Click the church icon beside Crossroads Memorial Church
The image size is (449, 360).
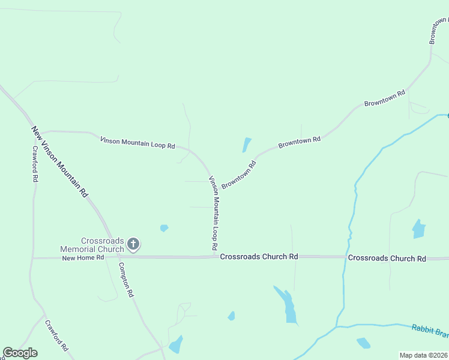click(x=133, y=244)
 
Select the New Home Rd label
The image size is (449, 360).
click(x=83, y=257)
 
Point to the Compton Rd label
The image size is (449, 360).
click(x=125, y=280)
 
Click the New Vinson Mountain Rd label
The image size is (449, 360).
click(x=60, y=162)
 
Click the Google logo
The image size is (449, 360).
click(x=20, y=353)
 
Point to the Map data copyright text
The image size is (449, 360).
click(x=423, y=355)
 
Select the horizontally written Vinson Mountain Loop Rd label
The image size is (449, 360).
click(x=137, y=142)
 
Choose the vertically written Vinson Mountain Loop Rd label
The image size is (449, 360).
click(x=212, y=214)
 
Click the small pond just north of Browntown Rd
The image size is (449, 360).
click(x=246, y=145)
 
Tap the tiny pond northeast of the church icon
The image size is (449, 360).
click(x=164, y=228)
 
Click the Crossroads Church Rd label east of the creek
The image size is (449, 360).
click(x=387, y=258)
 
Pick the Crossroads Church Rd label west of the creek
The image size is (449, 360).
click(x=259, y=256)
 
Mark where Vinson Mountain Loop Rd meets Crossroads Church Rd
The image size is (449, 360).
click(x=214, y=256)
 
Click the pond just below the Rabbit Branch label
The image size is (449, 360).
click(x=363, y=343)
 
